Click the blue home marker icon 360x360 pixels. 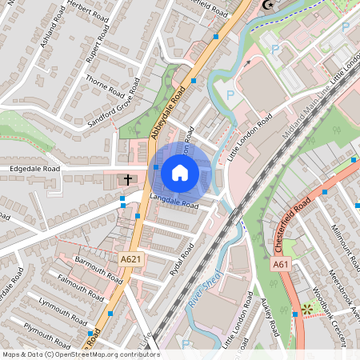click(180, 172)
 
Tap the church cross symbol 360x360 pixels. click(128, 180)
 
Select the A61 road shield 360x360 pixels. click(281, 263)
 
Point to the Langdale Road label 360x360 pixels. click(173, 201)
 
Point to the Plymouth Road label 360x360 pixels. click(47, 329)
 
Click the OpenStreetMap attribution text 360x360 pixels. click(81, 354)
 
